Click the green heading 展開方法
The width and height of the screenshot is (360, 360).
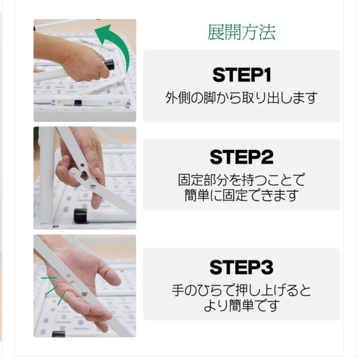(x=241, y=33)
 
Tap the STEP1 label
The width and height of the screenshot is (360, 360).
(x=241, y=75)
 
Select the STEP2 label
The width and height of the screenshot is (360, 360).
(x=241, y=157)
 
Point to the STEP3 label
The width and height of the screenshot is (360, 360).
(x=241, y=267)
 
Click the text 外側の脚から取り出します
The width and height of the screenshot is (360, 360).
(x=241, y=98)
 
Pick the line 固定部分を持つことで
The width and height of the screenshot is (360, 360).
(x=241, y=181)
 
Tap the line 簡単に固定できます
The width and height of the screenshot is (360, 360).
(x=241, y=196)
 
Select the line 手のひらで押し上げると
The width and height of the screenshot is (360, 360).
(x=241, y=291)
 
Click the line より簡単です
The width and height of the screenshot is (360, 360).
(x=241, y=306)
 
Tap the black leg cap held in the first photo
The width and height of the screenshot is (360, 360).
(x=109, y=64)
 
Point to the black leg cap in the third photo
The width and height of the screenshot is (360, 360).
(x=58, y=334)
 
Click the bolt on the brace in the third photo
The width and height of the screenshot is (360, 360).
(x=84, y=293)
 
